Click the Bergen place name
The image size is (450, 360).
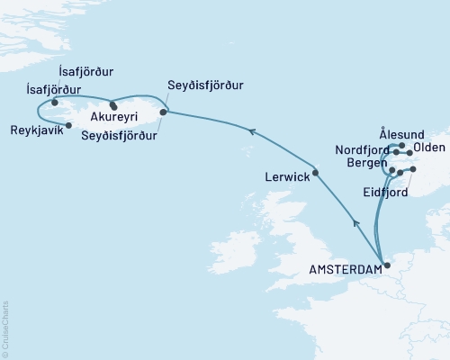(364, 163)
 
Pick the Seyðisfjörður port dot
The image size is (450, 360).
(163, 112)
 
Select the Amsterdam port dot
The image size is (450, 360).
(387, 265)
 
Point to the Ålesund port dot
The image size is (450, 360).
(401, 145)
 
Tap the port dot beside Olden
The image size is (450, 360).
(409, 153)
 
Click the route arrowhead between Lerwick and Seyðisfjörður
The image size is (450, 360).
(253, 132)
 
